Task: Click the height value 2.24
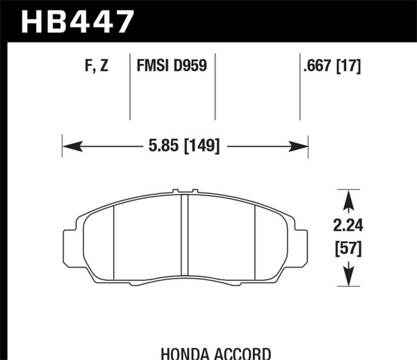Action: click(347, 225)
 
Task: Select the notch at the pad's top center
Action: click(185, 191)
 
